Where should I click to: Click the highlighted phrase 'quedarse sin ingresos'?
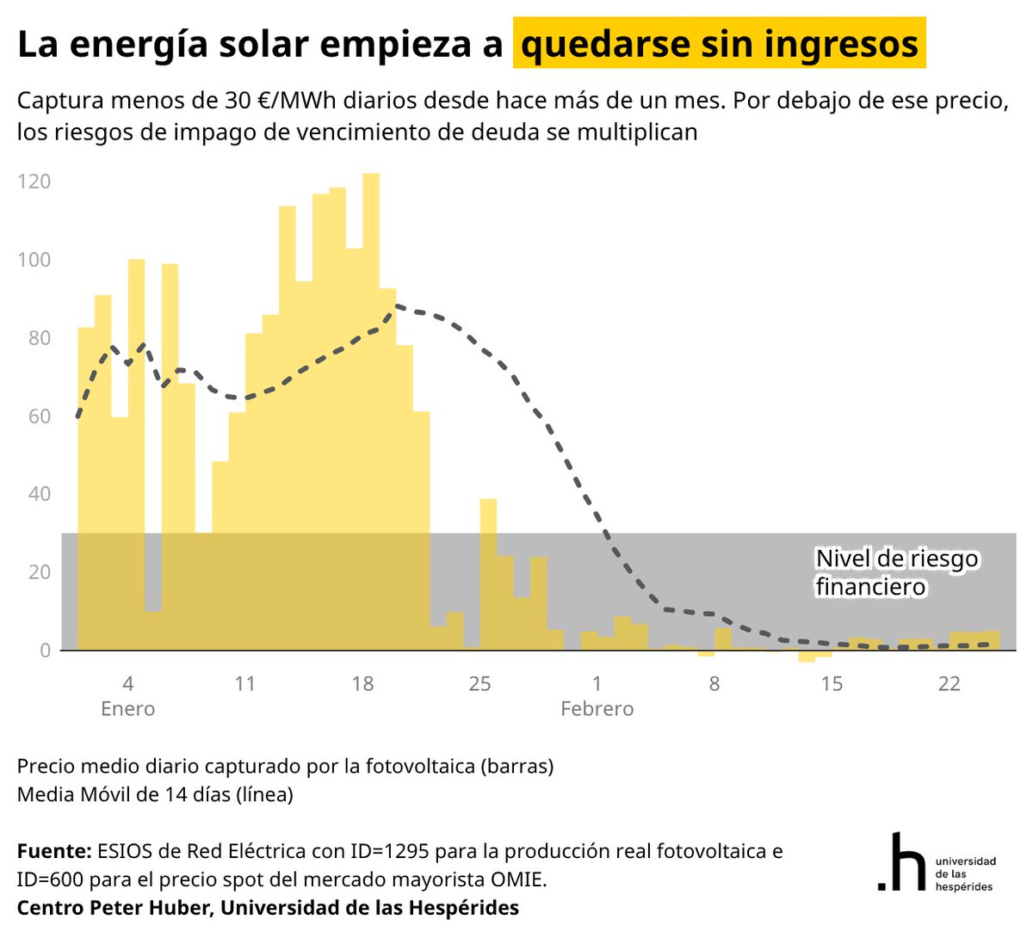pos(719,44)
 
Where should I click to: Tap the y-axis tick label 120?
pos(34,182)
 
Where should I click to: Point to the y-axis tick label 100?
pos(34,260)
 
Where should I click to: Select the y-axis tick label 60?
pos(39,417)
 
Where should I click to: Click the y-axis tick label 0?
pos(45,651)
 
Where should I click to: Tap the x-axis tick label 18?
pos(362,683)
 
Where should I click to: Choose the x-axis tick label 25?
pos(479,683)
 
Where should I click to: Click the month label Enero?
pos(127,709)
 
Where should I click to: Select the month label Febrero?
pos(597,709)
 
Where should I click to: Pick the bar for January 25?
pos(488,577)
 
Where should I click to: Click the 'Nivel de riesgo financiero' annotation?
pos(896,572)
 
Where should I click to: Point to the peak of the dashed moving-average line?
pos(396,305)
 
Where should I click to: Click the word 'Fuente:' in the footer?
pos(53,851)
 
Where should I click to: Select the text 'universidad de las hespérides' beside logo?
pos(964,873)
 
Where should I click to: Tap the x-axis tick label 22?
pos(949,683)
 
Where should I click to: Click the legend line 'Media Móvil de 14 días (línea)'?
pos(155,794)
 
